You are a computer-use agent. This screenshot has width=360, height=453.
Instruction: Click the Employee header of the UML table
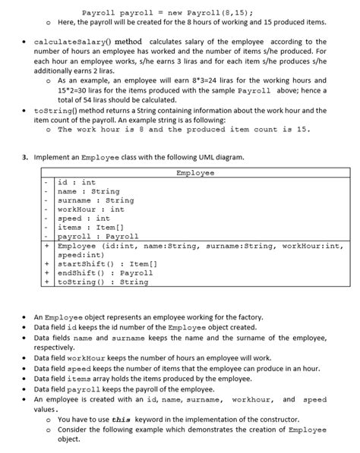tap(195, 173)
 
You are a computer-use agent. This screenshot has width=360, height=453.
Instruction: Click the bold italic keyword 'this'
tap(121, 419)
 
